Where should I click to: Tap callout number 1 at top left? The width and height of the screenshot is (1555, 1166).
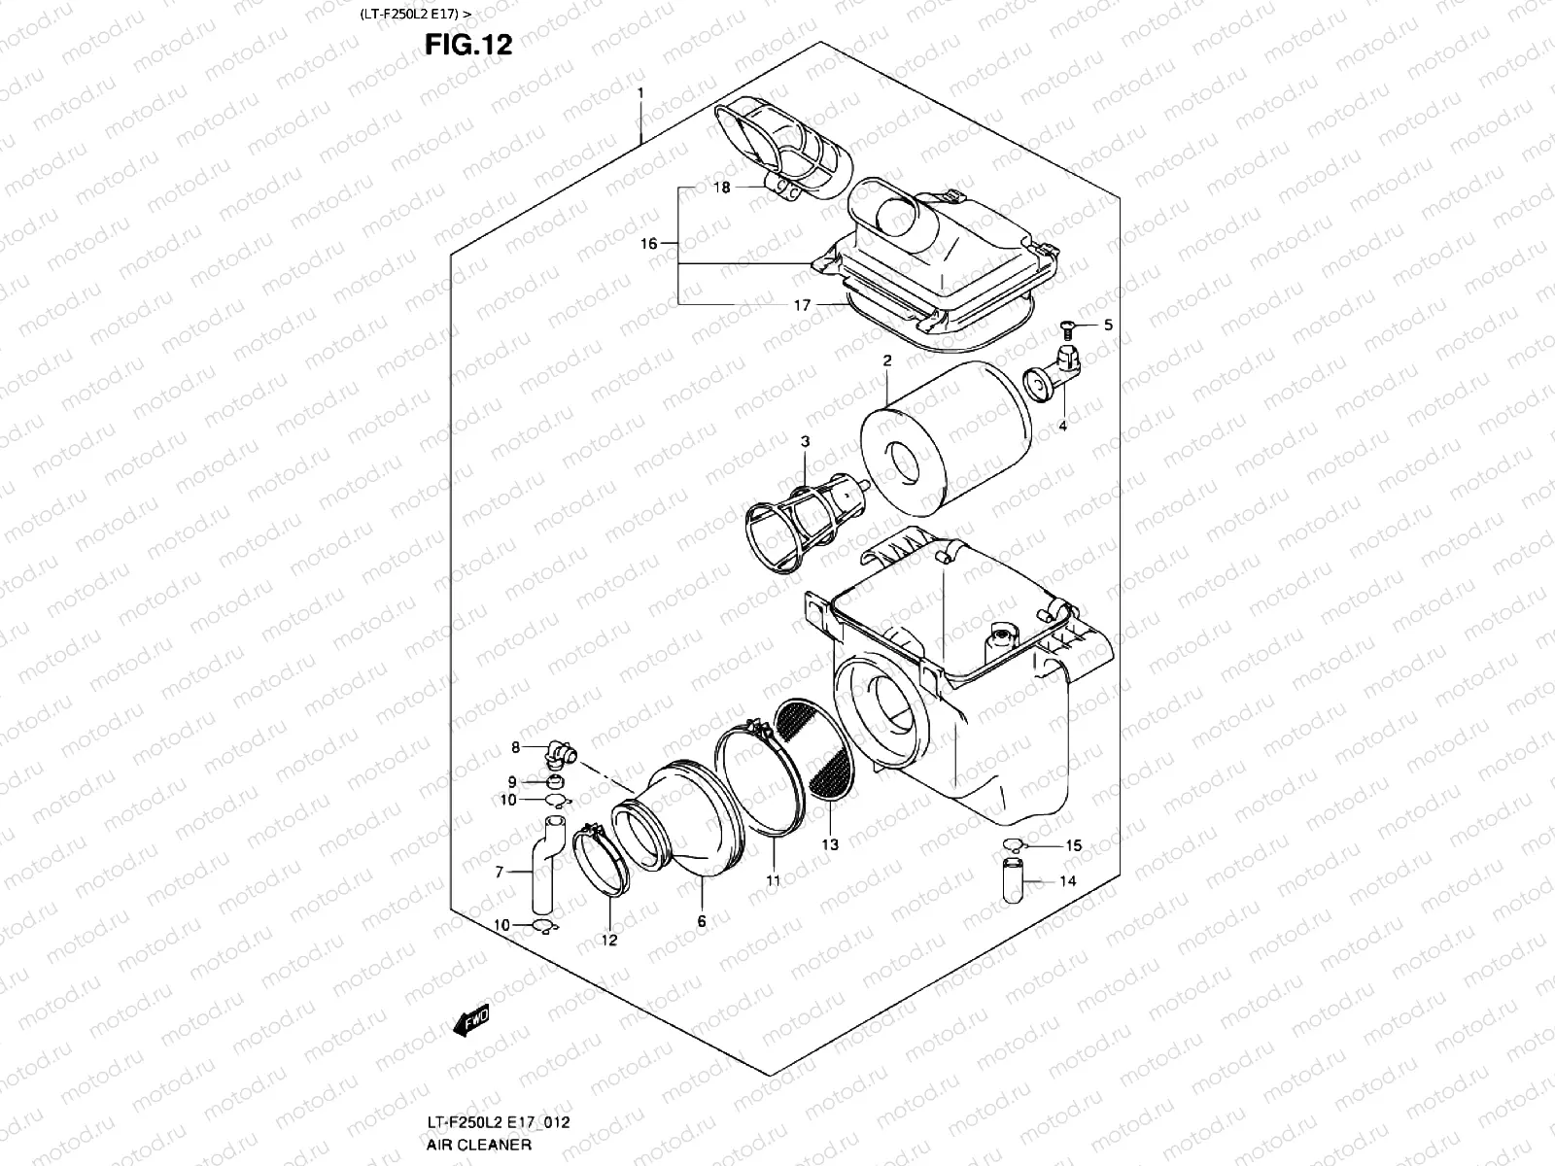click(640, 92)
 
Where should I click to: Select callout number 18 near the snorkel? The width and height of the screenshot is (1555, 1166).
click(721, 188)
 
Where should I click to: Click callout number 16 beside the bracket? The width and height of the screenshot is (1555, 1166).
click(649, 244)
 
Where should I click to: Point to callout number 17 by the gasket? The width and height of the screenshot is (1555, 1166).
click(802, 305)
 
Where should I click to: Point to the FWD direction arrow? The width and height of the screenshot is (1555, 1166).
click(470, 1021)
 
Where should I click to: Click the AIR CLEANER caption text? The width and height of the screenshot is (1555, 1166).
click(478, 1144)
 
